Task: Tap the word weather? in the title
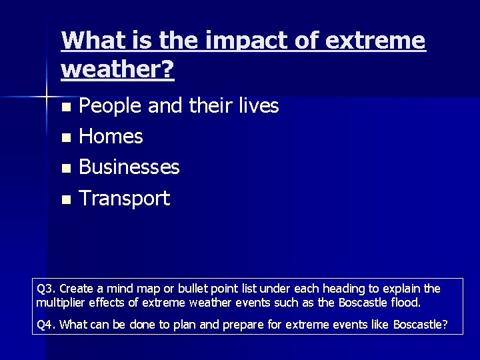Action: [117, 69]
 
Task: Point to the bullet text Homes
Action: [111, 137]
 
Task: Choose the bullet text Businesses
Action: [129, 167]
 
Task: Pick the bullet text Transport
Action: [125, 198]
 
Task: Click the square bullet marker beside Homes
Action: [65, 138]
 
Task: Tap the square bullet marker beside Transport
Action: [65, 199]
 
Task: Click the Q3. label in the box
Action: [47, 289]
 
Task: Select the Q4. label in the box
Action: [47, 325]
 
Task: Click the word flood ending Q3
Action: [407, 302]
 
